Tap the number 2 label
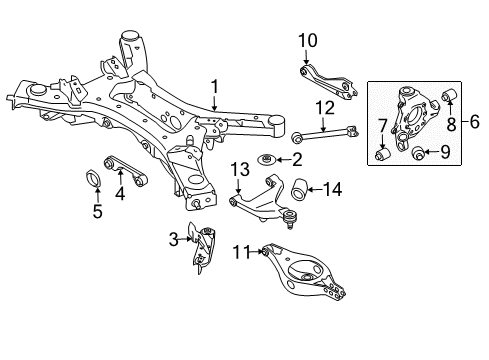295,159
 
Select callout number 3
172,265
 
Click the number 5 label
97,211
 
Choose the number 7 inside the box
382,125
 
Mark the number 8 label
452,125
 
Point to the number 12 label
323,107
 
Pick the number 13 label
240,170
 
